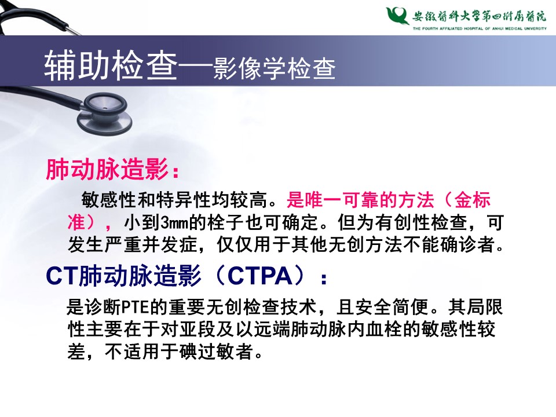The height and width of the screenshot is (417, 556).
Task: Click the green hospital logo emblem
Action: click(x=397, y=16)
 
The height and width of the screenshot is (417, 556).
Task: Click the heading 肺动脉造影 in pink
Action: click(x=107, y=170)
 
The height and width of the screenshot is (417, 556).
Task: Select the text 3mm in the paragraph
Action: click(x=174, y=222)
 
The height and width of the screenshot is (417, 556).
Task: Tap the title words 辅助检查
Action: click(x=111, y=65)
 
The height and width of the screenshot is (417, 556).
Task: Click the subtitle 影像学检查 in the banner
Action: click(x=274, y=68)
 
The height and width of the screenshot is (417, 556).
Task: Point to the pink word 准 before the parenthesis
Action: click(x=76, y=222)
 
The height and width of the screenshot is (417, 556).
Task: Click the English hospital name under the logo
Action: click(x=479, y=29)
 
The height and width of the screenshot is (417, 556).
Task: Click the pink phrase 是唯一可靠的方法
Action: click(x=360, y=200)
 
